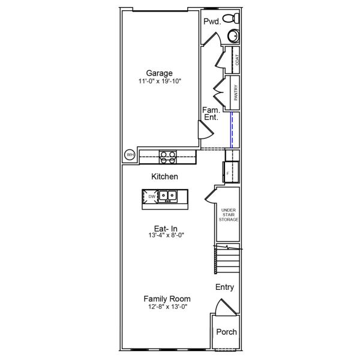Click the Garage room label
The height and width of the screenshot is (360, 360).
click(x=160, y=73)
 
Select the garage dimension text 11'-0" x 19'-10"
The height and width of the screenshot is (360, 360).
click(x=160, y=81)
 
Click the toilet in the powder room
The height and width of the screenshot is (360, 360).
click(x=232, y=20)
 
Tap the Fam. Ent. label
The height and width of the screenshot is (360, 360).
click(x=210, y=114)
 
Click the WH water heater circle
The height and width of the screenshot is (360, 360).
click(x=129, y=155)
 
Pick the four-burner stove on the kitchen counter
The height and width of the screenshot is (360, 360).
click(x=167, y=156)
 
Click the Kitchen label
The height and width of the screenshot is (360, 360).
click(x=164, y=177)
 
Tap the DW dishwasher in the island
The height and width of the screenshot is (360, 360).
click(x=151, y=196)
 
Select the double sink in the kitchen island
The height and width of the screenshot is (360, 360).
click(x=167, y=196)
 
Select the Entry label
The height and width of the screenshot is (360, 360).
click(x=224, y=287)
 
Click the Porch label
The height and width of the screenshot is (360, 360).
click(x=226, y=332)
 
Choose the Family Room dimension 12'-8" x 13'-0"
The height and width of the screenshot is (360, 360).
click(x=167, y=307)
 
